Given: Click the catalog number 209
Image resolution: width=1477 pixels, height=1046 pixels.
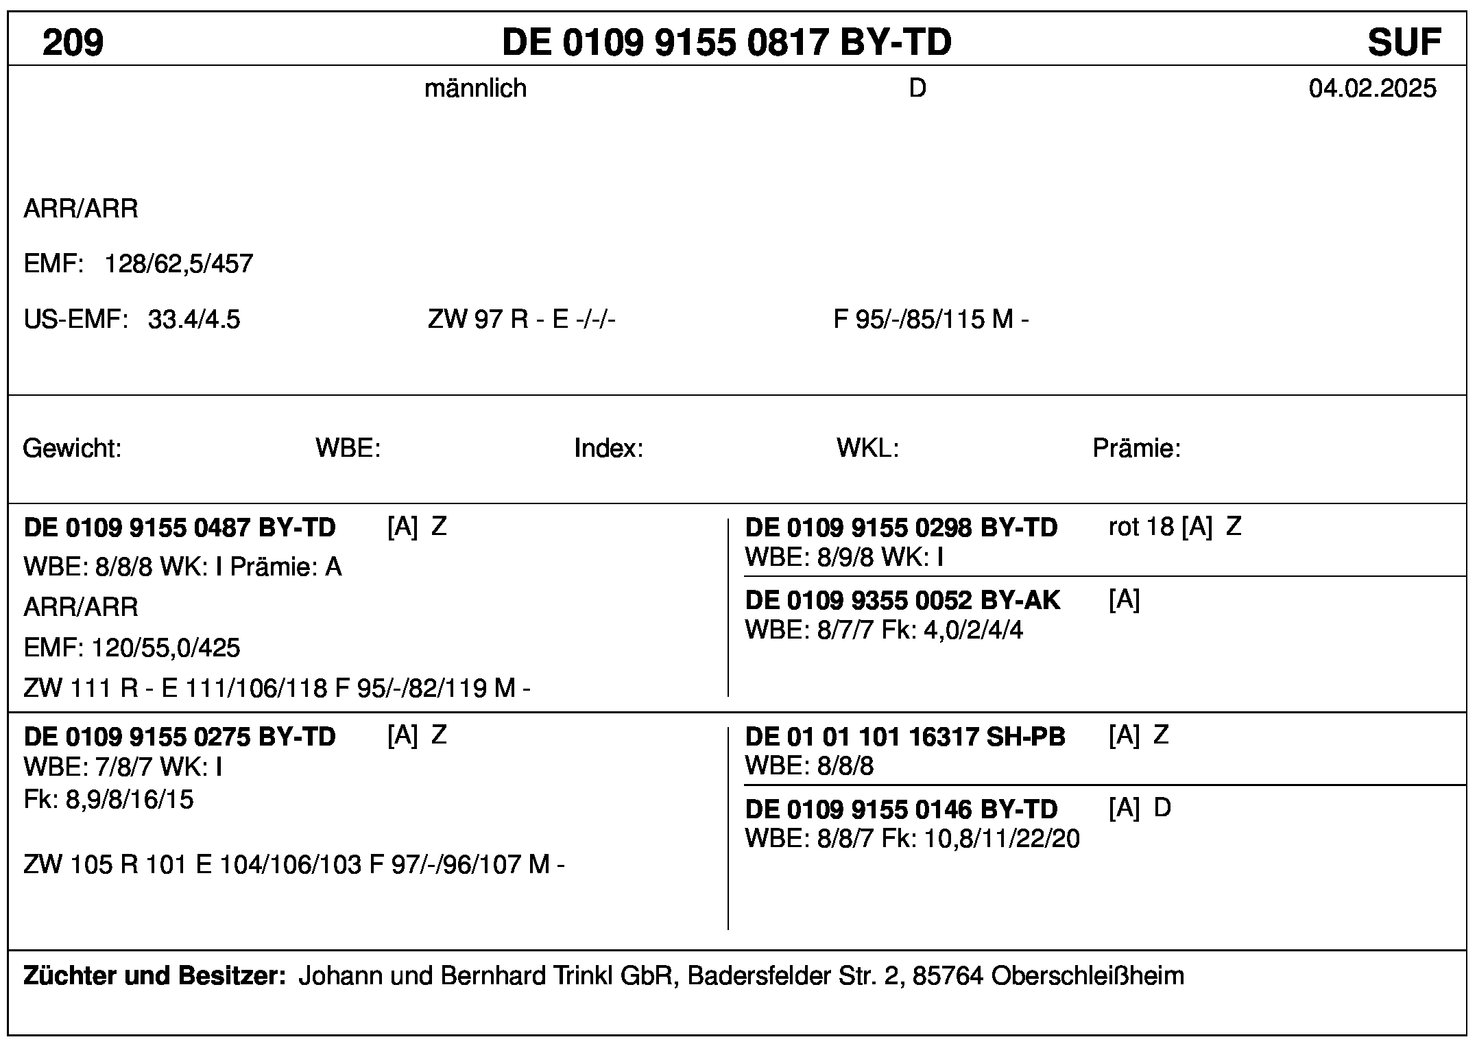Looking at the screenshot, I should (x=73, y=43).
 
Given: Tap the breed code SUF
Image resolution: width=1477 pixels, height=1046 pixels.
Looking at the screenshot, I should (x=1404, y=43).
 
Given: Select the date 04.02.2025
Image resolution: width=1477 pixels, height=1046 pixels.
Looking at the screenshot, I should (x=1372, y=88).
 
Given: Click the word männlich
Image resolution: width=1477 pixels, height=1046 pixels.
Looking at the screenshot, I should (x=475, y=88).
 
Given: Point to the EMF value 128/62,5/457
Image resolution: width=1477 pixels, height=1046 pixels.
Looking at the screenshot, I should (x=178, y=264).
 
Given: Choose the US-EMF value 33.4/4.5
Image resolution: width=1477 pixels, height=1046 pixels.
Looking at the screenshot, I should (x=194, y=320).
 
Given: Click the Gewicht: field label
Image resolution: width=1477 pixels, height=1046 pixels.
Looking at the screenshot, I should (x=72, y=449).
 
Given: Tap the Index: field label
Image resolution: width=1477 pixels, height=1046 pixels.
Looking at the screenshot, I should (x=608, y=449).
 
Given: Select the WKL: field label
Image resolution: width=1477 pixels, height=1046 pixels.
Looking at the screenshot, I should (x=867, y=449).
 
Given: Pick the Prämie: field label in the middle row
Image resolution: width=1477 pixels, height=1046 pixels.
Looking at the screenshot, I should (x=1136, y=449).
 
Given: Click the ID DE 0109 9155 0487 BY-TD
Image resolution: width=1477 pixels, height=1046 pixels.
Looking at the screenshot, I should (x=180, y=527).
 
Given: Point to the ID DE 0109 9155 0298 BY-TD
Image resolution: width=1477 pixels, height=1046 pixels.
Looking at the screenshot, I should (x=901, y=527).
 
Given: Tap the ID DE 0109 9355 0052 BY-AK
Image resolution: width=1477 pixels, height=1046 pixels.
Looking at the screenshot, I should (x=902, y=600).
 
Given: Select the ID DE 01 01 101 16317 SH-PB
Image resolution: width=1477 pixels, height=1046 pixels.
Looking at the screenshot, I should (x=905, y=737).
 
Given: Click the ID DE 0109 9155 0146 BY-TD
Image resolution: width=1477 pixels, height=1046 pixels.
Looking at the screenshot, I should (x=901, y=809).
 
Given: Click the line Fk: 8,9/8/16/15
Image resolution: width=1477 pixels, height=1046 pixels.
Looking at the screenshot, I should (x=108, y=800).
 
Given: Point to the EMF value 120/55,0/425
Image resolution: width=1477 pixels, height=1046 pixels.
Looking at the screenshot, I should (x=165, y=647).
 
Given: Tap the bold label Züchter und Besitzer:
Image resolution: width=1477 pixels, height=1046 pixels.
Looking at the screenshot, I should (x=154, y=975).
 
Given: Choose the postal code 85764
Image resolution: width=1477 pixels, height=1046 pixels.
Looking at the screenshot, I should (x=948, y=975).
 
